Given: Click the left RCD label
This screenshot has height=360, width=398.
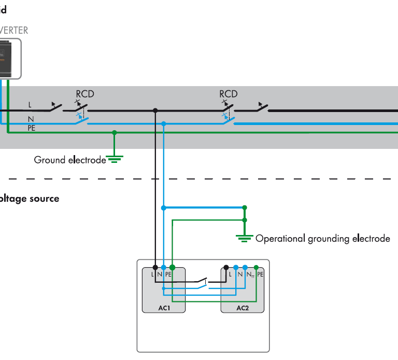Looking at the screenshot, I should (x=85, y=94).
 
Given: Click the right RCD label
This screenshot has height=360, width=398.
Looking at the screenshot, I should (x=229, y=94).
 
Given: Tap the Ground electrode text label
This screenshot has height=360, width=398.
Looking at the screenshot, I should (x=70, y=160).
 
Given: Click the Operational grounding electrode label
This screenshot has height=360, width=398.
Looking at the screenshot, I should (x=322, y=239).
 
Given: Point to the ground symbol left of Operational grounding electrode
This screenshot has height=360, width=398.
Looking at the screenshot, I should (x=245, y=237).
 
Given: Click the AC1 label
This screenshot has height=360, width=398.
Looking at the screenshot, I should (x=164, y=308).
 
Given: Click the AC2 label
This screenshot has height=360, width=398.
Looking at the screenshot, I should (x=243, y=308).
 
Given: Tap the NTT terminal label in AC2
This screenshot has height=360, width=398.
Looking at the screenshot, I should (x=250, y=273).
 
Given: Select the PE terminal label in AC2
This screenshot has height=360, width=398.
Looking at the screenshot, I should (x=260, y=273).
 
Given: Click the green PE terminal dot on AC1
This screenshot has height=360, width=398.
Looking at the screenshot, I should (x=173, y=267).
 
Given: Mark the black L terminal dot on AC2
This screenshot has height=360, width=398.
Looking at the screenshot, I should (x=226, y=267).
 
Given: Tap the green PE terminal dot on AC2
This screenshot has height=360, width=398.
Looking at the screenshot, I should (x=256, y=267).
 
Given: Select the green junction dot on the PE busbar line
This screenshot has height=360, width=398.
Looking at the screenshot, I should (x=115, y=133).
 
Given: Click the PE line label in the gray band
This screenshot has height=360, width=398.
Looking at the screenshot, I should (x=31, y=127).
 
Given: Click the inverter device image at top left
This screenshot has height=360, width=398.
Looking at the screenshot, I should (x=8, y=57).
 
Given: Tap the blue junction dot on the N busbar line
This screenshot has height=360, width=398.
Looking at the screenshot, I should (x=164, y=123).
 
